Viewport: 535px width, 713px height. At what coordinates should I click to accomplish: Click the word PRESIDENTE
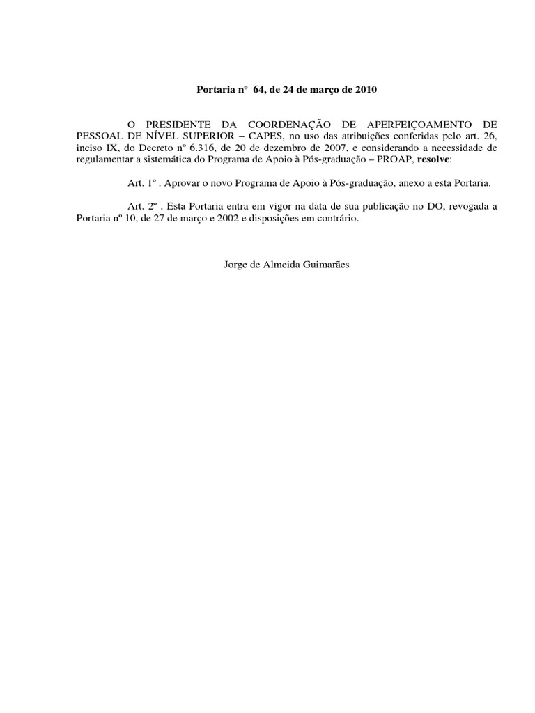173,123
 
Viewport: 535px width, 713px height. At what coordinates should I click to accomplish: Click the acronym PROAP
394,159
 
